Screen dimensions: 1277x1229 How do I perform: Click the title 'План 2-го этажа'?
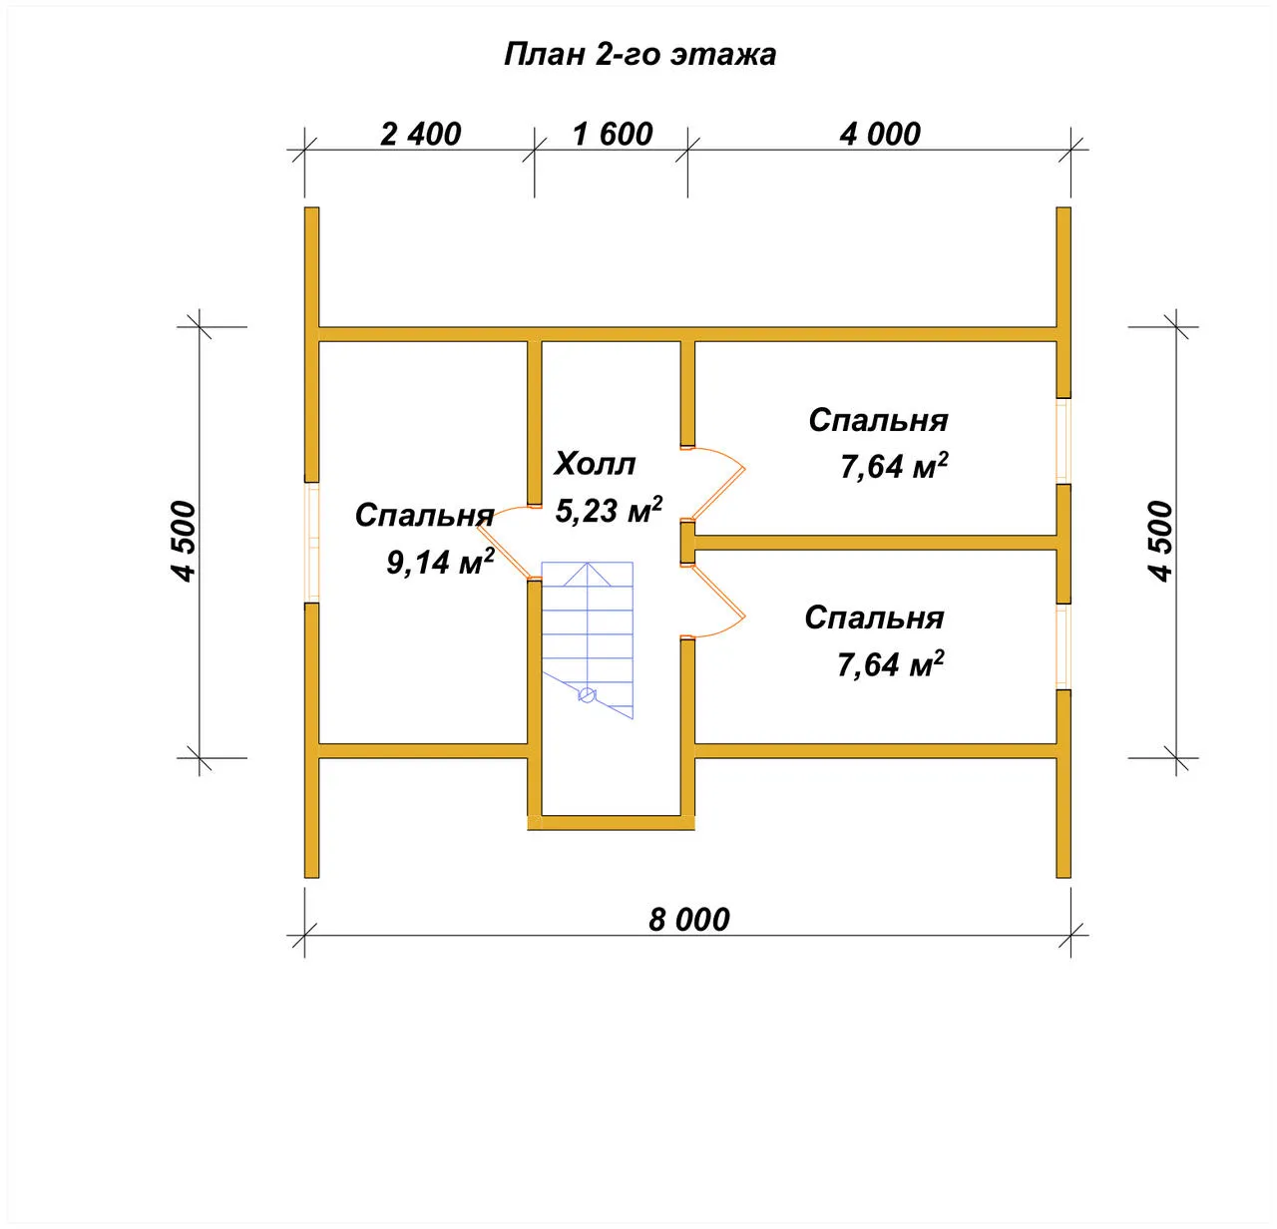(x=639, y=55)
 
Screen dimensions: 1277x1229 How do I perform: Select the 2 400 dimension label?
(x=421, y=135)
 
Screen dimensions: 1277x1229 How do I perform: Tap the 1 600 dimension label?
(x=613, y=135)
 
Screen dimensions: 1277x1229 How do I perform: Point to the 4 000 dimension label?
(x=880, y=135)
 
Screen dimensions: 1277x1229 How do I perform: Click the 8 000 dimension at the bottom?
(x=689, y=920)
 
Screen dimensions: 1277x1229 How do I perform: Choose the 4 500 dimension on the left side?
(x=184, y=542)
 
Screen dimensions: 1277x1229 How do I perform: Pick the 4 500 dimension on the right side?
(x=1160, y=542)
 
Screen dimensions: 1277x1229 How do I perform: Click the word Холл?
(x=595, y=464)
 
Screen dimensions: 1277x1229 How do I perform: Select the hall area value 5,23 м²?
(x=609, y=509)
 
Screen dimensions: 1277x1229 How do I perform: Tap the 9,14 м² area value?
(x=440, y=561)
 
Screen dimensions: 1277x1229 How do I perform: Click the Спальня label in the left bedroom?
(x=425, y=516)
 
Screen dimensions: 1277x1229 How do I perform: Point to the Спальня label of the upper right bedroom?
(x=878, y=421)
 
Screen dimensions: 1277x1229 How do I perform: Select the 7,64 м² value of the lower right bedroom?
(x=891, y=664)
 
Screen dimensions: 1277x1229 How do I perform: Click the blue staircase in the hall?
(x=588, y=639)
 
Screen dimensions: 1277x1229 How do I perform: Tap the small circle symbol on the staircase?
(x=588, y=695)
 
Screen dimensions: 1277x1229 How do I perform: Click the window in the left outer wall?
(x=311, y=543)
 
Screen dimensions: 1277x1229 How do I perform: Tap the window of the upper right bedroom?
(x=1064, y=441)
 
